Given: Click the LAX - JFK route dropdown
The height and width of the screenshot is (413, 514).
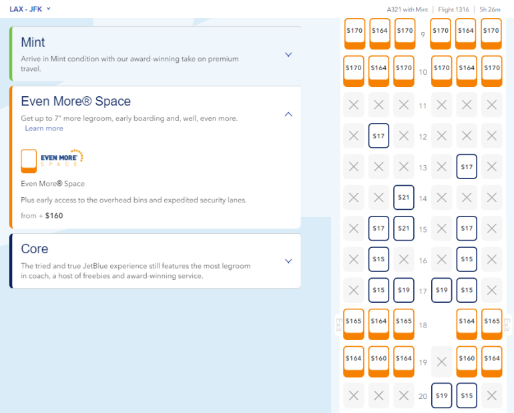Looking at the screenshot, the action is [30, 9].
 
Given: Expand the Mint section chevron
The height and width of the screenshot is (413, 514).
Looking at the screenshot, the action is [288, 55].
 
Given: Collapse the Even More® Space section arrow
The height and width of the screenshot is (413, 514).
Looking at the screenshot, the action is [288, 114].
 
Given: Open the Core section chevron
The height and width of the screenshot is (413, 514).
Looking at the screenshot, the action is [288, 261].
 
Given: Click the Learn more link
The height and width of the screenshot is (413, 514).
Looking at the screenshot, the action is [44, 128].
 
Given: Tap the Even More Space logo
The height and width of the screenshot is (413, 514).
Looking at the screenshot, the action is [52, 160].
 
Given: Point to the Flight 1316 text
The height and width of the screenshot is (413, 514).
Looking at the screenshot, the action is [453, 9].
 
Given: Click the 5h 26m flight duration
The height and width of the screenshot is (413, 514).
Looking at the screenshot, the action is [490, 9].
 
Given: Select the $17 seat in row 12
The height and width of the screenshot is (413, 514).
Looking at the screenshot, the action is [378, 136].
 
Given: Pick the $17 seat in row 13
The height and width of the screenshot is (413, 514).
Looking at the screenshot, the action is [467, 166].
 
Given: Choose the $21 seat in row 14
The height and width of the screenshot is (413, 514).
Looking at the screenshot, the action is [404, 197].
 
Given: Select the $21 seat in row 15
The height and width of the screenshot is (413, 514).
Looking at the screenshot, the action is [404, 228].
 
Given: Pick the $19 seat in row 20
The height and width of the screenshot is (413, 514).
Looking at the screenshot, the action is [441, 395].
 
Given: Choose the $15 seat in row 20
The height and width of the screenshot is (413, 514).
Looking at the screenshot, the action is [467, 395].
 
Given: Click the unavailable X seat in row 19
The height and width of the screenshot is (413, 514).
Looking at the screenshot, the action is [441, 362].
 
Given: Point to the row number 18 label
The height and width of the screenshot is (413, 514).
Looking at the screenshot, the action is [423, 325].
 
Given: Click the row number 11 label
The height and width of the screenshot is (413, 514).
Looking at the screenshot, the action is [423, 106].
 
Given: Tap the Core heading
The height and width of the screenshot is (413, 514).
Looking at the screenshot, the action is [35, 249].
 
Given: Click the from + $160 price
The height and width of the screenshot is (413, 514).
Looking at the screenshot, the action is [41, 216].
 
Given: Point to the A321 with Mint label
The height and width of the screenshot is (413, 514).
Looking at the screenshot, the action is [407, 9].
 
